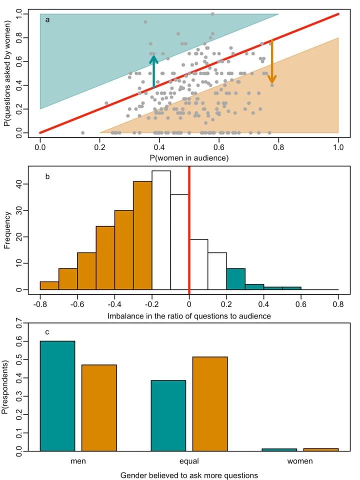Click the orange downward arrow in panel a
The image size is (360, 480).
[x=271, y=62]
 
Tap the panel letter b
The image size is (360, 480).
[x=47, y=176]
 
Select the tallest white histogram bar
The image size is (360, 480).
[x=161, y=230]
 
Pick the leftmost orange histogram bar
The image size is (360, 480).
[x=49, y=285]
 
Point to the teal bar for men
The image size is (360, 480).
[x=57, y=396]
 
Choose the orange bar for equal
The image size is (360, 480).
[x=210, y=404]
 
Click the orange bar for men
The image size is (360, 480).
[x=99, y=408]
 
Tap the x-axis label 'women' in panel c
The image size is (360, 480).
[x=300, y=461]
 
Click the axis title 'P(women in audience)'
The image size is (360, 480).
[x=189, y=158]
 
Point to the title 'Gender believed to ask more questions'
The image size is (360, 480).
[x=189, y=474]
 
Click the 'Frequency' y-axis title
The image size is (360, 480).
[x=7, y=231]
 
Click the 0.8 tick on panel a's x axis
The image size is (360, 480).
[x=278, y=148]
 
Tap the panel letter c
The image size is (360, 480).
[x=47, y=331]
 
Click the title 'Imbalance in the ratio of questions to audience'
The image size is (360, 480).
[x=189, y=316]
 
